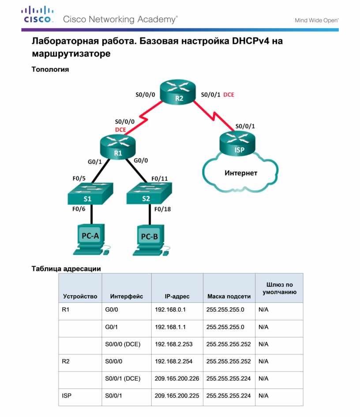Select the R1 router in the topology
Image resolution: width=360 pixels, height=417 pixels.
118,147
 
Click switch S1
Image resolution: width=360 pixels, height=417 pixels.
90,193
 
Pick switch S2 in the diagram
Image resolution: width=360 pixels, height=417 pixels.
149,193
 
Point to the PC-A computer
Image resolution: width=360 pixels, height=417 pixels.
91,240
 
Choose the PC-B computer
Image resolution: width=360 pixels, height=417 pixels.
151,240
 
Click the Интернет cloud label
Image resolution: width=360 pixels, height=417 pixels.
241,173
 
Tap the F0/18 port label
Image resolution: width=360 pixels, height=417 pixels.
162,209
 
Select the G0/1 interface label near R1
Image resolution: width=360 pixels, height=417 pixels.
95,162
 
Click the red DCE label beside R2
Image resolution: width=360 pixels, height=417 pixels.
229,95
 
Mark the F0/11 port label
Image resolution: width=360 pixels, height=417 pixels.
160,179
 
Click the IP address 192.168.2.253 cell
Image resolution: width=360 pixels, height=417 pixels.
174,344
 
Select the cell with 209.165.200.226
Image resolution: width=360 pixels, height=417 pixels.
177,379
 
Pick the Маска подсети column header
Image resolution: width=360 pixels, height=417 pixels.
229,296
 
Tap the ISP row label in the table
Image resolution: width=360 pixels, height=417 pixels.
67,396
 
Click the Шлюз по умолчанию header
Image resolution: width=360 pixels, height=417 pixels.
279,288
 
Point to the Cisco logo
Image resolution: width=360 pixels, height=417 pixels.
37,14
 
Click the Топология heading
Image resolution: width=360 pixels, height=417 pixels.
50,69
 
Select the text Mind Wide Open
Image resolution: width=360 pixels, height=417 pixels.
317,20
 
